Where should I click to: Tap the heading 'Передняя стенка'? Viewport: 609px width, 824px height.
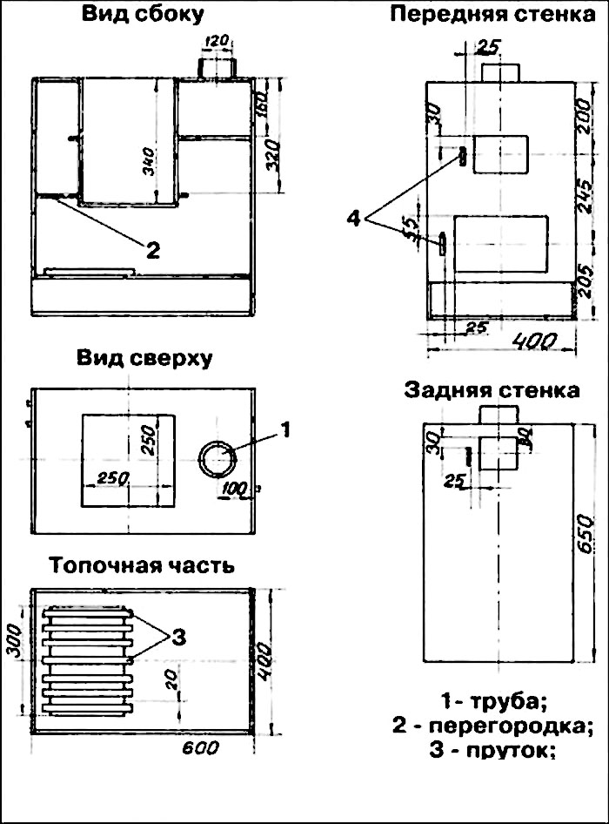coord(486,15)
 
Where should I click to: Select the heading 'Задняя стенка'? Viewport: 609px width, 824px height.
coord(492,389)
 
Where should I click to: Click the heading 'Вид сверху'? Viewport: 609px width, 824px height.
coord(144,359)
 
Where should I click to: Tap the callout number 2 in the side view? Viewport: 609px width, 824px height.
coord(152,251)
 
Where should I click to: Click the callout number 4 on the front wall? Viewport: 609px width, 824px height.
coord(353,220)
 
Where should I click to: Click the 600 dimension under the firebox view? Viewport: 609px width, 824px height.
coord(200,748)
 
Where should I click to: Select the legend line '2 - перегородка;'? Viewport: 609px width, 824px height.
coord(492,725)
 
